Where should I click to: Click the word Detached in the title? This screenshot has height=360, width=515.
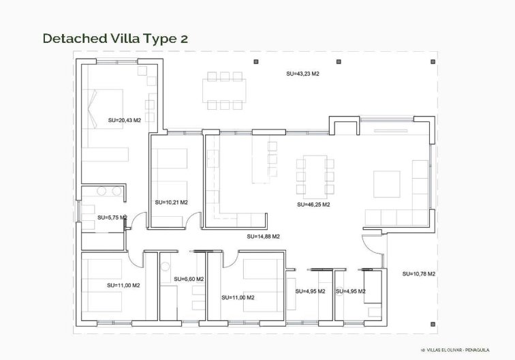(x=72, y=38)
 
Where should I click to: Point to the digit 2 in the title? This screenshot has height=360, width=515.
(x=183, y=39)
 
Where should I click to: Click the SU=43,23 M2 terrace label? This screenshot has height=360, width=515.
(x=302, y=73)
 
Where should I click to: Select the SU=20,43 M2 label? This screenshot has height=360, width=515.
(x=124, y=120)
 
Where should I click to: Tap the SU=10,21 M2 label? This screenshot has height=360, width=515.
(x=171, y=202)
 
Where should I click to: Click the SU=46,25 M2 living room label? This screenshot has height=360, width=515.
(x=313, y=204)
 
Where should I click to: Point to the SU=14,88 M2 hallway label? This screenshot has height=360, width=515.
(x=264, y=237)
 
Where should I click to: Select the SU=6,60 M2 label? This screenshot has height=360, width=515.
(x=189, y=279)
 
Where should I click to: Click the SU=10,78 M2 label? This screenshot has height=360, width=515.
(x=419, y=273)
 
